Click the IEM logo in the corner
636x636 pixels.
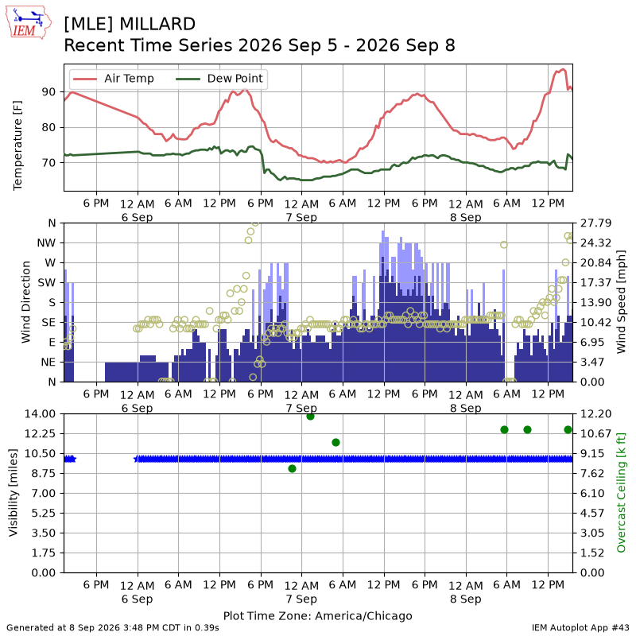tap(29, 22)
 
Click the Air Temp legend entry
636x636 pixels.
tap(113, 78)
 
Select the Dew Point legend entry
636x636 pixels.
tap(219, 78)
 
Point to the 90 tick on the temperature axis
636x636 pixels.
tap(48, 92)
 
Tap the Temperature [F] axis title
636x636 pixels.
tap(17, 145)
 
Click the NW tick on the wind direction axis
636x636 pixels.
tap(46, 243)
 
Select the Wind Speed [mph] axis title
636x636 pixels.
tap(621, 302)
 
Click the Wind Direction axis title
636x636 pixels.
tap(26, 302)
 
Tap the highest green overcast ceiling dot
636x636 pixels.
tap(311, 416)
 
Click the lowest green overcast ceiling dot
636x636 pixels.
tap(292, 469)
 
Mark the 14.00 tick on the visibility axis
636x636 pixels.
tap(40, 414)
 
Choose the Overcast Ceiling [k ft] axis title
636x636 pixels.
tap(621, 492)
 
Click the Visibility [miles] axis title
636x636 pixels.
tap(14, 492)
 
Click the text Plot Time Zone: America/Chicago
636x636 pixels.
tap(317, 616)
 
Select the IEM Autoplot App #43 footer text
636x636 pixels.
tap(580, 628)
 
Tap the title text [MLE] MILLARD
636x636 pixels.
tap(130, 24)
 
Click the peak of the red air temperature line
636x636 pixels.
tap(563, 69)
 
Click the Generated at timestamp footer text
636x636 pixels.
tap(113, 628)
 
